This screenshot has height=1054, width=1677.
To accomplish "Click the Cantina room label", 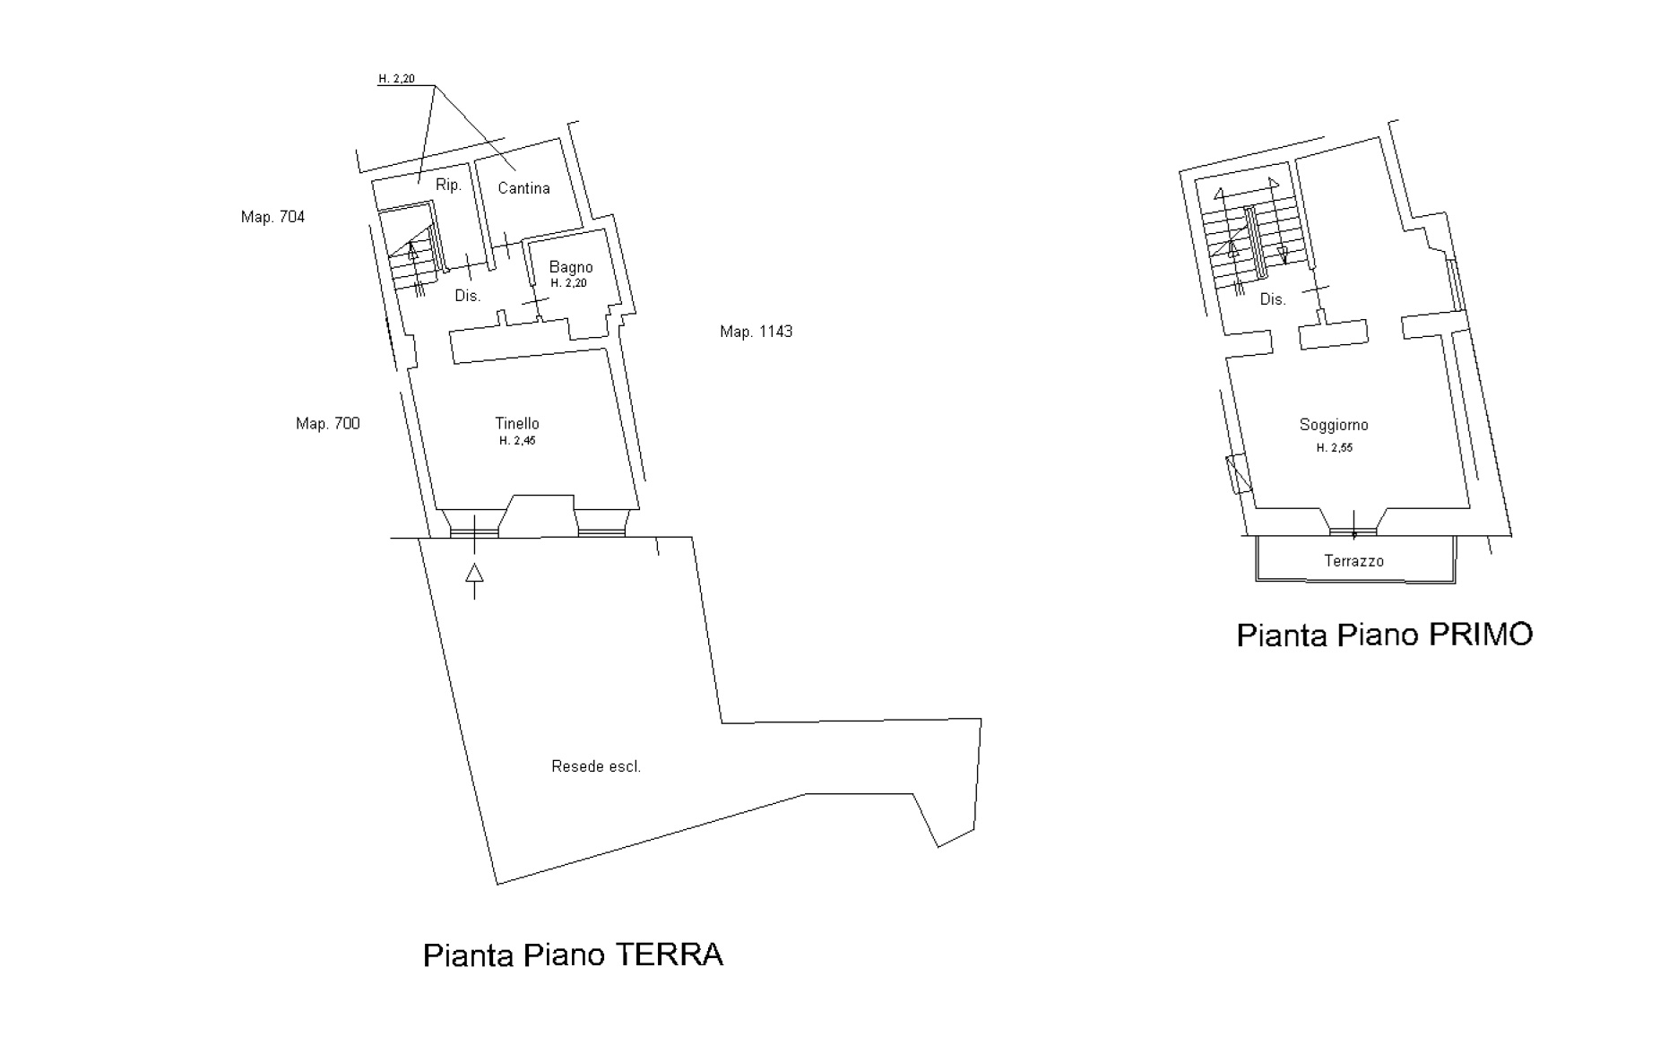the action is click(523, 188).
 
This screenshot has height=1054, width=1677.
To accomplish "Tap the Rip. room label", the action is click(448, 186).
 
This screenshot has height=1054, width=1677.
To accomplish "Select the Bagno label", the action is click(571, 267).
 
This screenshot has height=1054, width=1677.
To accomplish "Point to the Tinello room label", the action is click(517, 423).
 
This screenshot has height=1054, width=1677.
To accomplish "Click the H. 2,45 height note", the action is click(517, 441).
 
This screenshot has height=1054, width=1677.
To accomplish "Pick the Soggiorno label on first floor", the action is click(1334, 426).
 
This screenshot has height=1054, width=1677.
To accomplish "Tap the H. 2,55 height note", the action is click(1335, 448).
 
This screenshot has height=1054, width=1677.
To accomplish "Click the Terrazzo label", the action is click(1354, 561).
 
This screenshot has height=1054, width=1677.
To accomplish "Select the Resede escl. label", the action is click(596, 766).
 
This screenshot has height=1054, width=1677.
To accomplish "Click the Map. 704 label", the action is click(272, 217).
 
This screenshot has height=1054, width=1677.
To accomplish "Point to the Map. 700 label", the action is click(328, 424).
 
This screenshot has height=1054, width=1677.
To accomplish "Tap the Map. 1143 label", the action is click(756, 332).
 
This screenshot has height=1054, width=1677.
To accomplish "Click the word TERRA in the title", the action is click(669, 955).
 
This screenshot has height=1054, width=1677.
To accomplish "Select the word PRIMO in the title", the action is click(1480, 635).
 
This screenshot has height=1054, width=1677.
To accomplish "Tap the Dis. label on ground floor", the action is click(468, 296).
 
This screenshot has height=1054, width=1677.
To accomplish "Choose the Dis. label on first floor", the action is click(1273, 299).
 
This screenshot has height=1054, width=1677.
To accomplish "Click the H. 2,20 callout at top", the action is click(396, 79).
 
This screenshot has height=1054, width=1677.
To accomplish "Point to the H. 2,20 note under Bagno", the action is click(569, 283).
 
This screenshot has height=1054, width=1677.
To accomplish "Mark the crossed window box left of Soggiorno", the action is click(1238, 474).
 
